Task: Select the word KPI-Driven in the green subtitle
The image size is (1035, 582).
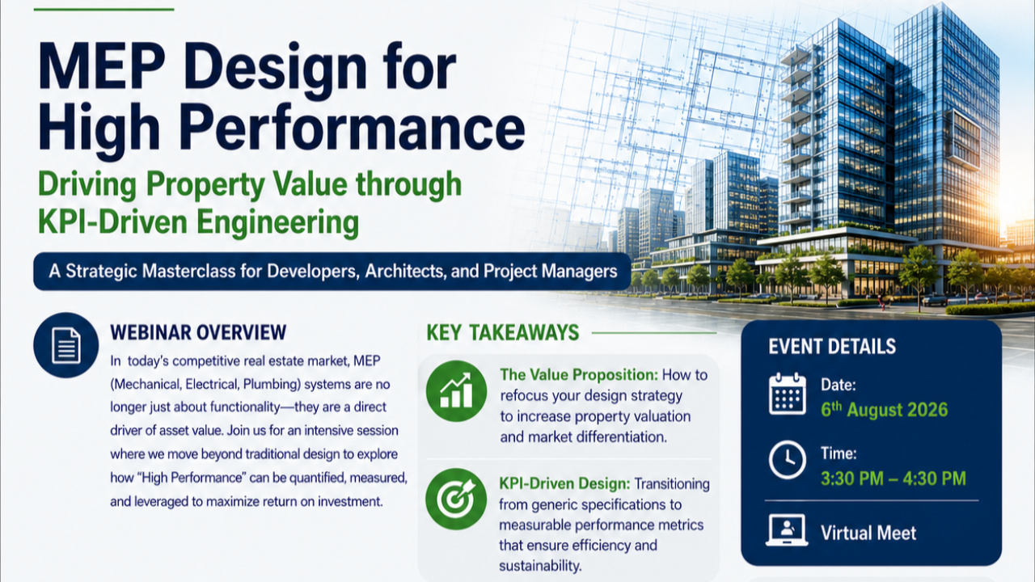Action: [x=112, y=222]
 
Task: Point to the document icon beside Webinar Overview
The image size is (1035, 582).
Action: [x=66, y=345]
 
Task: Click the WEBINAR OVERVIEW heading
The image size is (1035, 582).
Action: [x=198, y=332]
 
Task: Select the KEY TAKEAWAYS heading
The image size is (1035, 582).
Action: [x=502, y=332]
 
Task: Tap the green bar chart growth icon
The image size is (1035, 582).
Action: [x=456, y=390]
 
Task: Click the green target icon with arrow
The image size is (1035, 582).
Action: [x=456, y=499]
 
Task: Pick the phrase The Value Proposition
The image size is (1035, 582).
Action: [x=579, y=374]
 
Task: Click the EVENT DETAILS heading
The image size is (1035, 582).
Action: [x=832, y=347]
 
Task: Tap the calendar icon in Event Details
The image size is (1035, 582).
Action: [x=788, y=394]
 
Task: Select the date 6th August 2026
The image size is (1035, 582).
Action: [x=884, y=409]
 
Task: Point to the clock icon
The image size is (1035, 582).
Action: [x=788, y=460]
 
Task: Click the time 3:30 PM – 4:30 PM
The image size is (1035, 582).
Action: [x=893, y=479]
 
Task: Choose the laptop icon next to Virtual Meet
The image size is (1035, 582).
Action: [x=787, y=530]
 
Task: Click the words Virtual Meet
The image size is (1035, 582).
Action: [x=868, y=533]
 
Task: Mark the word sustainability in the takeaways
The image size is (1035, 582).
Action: [x=540, y=567]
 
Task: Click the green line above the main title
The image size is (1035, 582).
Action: [x=104, y=9]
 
